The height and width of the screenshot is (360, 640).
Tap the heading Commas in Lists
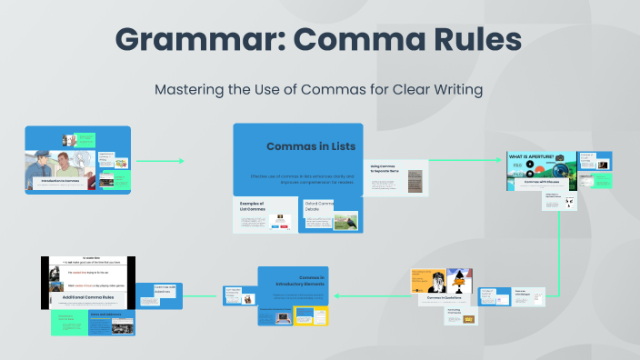(311, 146)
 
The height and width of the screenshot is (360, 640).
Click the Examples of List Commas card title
(251, 207)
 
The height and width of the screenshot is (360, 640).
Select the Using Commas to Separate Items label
(386, 170)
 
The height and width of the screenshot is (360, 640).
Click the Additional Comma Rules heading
(87, 298)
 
